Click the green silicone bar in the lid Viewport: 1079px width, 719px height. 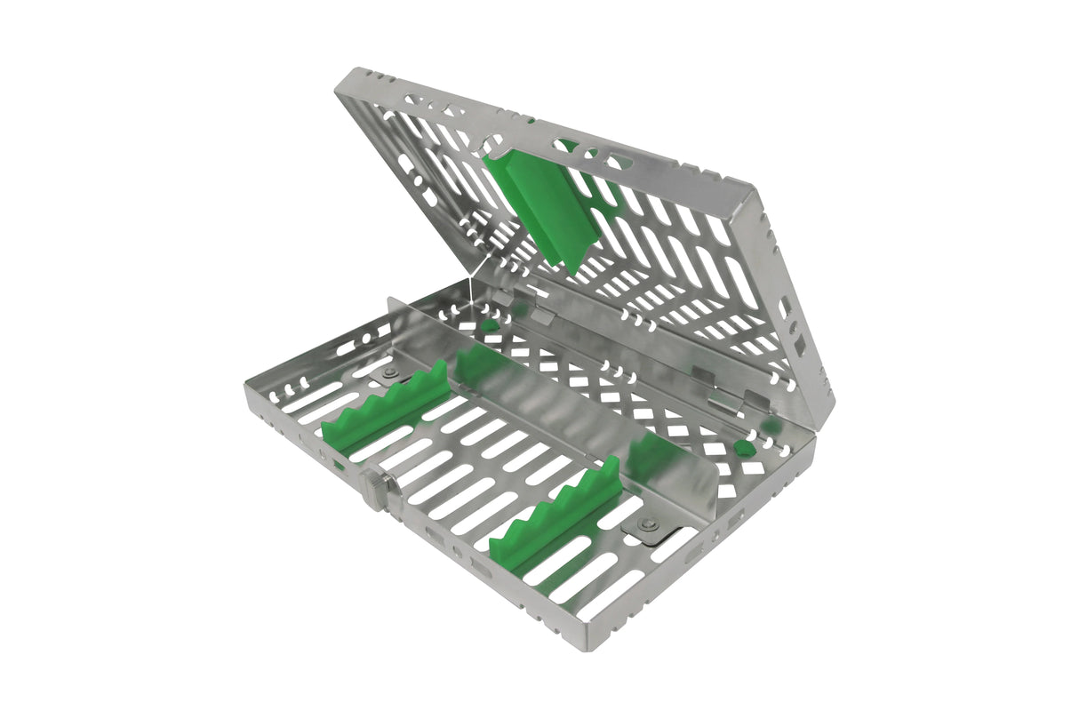pyautogui.click(x=543, y=210)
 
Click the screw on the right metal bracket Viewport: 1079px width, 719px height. pyautogui.click(x=650, y=524)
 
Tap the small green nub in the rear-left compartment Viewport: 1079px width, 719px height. pyautogui.click(x=489, y=325)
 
